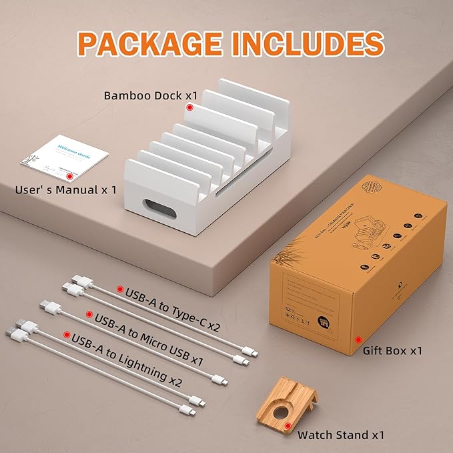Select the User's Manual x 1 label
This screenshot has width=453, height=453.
click(65, 189)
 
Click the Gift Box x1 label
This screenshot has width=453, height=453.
click(392, 350)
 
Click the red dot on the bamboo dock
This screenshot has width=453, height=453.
click(190, 107)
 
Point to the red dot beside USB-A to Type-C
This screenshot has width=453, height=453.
click(120, 290)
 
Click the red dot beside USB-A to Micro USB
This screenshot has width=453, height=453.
click(89, 312)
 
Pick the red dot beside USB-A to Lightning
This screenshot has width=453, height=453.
click(66, 334)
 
